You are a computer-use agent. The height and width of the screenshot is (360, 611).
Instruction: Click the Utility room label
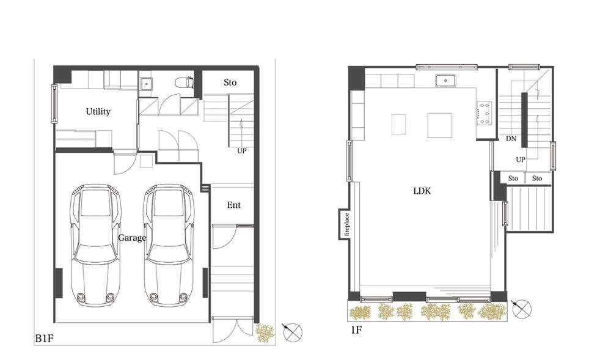[x=98, y=112]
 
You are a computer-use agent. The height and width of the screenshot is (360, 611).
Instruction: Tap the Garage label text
[x=132, y=238]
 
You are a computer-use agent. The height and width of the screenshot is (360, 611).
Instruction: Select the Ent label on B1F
[x=234, y=205]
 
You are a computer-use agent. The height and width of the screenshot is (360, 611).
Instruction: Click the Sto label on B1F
[x=230, y=83]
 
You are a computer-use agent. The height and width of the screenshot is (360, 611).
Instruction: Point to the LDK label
[x=422, y=191]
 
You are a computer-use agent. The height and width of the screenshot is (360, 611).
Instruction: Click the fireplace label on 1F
[x=346, y=225]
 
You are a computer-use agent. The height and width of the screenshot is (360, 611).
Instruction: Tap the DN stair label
[x=511, y=138]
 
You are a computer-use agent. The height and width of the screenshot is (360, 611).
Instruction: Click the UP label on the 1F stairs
[x=521, y=160]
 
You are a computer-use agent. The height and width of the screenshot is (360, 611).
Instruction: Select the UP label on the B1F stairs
[x=241, y=151]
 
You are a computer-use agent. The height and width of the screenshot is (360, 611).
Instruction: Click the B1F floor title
[x=44, y=338]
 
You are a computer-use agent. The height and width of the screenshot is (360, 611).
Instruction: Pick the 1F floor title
[x=356, y=331]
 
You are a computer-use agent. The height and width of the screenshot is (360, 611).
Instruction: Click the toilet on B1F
[x=185, y=83]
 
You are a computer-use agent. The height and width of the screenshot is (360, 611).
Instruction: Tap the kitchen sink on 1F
[x=445, y=81]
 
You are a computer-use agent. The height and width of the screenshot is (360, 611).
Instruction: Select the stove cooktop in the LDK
[x=485, y=113]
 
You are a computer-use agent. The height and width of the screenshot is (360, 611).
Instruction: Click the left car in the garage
[x=95, y=245]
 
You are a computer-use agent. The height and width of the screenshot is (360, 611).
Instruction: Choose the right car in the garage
[x=169, y=245]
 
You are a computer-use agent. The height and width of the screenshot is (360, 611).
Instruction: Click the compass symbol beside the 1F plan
[x=521, y=309]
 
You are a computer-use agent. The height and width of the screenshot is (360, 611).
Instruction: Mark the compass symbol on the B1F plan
[x=292, y=332]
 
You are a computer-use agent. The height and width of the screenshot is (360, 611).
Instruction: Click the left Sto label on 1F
[x=513, y=178]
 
